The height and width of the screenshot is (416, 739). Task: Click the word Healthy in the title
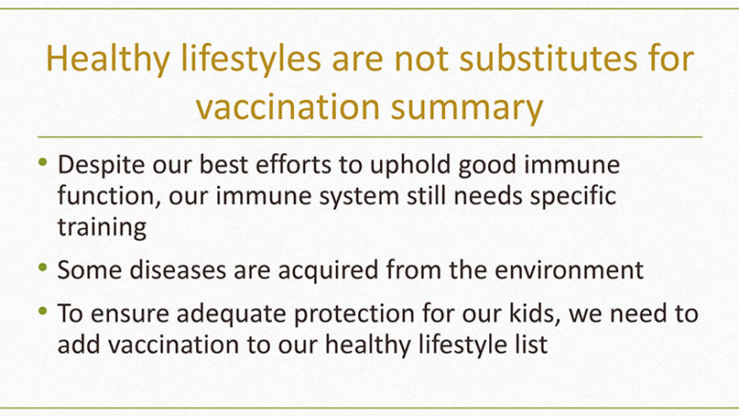pos(108,59)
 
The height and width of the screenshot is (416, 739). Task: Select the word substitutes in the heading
pos(549,58)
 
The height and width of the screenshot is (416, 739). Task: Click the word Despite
pos(101,165)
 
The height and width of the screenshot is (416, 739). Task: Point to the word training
pos(101,227)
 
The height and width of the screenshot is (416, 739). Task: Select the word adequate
pos(232,314)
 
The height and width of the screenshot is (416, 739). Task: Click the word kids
pos(535,313)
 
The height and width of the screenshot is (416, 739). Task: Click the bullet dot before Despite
pos(43,162)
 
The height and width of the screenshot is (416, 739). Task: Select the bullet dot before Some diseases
pos(43,267)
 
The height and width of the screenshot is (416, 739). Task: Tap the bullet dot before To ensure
pos(43,312)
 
